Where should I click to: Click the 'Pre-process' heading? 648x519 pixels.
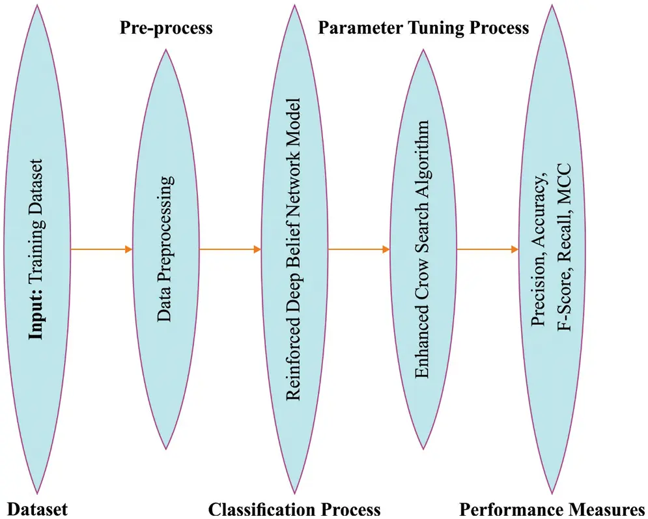[166, 28]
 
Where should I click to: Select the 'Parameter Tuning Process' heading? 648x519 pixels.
[423, 28]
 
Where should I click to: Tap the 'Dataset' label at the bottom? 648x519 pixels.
[37, 509]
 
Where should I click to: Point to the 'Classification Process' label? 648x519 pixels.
[294, 509]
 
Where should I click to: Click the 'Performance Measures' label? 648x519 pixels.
[552, 509]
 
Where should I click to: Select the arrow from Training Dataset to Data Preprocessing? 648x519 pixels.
[102, 249]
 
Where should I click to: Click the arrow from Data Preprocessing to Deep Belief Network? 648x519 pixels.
[229, 249]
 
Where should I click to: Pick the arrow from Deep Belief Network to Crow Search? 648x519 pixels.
[358, 249]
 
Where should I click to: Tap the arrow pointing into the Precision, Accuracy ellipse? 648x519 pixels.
[487, 249]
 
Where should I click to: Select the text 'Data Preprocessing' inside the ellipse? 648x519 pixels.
[166, 250]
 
